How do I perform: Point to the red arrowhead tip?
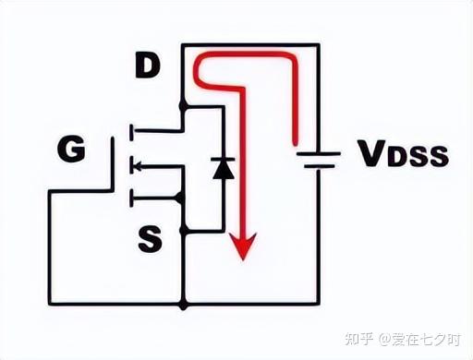pyautogui.click(x=243, y=258)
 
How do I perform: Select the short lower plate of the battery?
pyautogui.click(x=319, y=167)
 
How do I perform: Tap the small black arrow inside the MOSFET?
pyautogui.click(x=136, y=166)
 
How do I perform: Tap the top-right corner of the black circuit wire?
pyautogui.click(x=320, y=44)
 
